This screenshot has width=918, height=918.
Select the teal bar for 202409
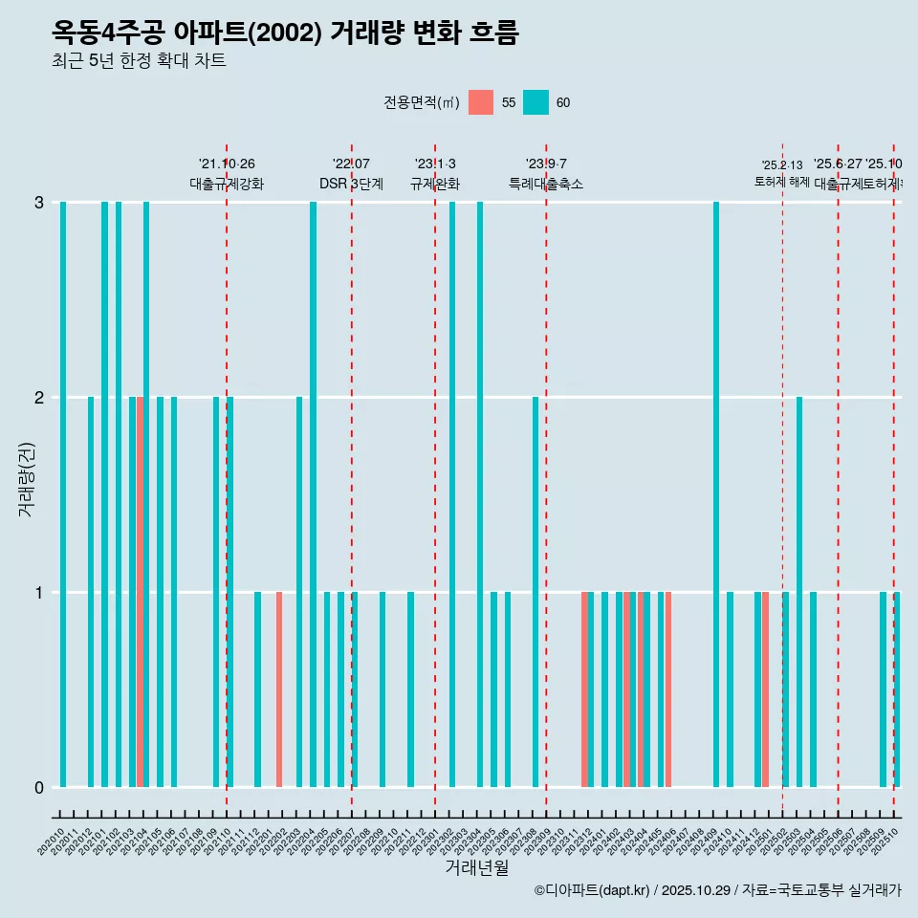pyautogui.click(x=716, y=493)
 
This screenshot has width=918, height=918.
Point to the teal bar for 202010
pyautogui.click(x=63, y=493)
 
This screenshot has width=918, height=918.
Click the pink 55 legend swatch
pyautogui.click(x=481, y=102)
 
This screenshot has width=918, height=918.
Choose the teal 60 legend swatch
pyautogui.click(x=535, y=102)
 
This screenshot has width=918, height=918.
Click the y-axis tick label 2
pyautogui.click(x=39, y=397)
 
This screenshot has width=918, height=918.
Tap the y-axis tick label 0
pyautogui.click(x=39, y=787)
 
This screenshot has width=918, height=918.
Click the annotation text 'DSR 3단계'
pyautogui.click(x=351, y=184)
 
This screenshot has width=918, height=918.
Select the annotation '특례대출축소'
pyautogui.click(x=546, y=184)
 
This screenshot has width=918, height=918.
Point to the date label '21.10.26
pyautogui.click(x=227, y=164)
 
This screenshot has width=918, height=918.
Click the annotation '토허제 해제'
pyautogui.click(x=782, y=182)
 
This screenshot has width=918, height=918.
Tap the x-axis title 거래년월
pyautogui.click(x=476, y=867)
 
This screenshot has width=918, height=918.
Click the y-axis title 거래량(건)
pyautogui.click(x=27, y=478)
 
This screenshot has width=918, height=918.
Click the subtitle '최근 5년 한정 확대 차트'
pyautogui.click(x=139, y=61)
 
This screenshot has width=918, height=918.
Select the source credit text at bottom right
pyautogui.click(x=717, y=890)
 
